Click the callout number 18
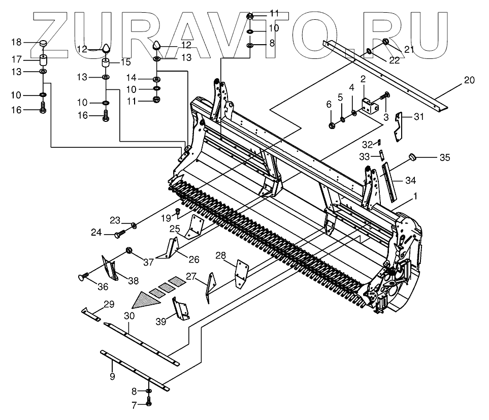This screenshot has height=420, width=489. (16, 42)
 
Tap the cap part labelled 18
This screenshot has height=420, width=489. (43, 44)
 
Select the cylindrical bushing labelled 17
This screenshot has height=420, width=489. (43, 59)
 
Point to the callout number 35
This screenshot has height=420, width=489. (444, 157)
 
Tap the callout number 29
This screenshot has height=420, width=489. (109, 304)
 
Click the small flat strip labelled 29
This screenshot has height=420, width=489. (91, 312)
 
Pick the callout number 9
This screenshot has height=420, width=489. (112, 376)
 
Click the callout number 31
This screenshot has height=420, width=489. (418, 117)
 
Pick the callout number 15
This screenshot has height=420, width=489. (125, 62)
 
